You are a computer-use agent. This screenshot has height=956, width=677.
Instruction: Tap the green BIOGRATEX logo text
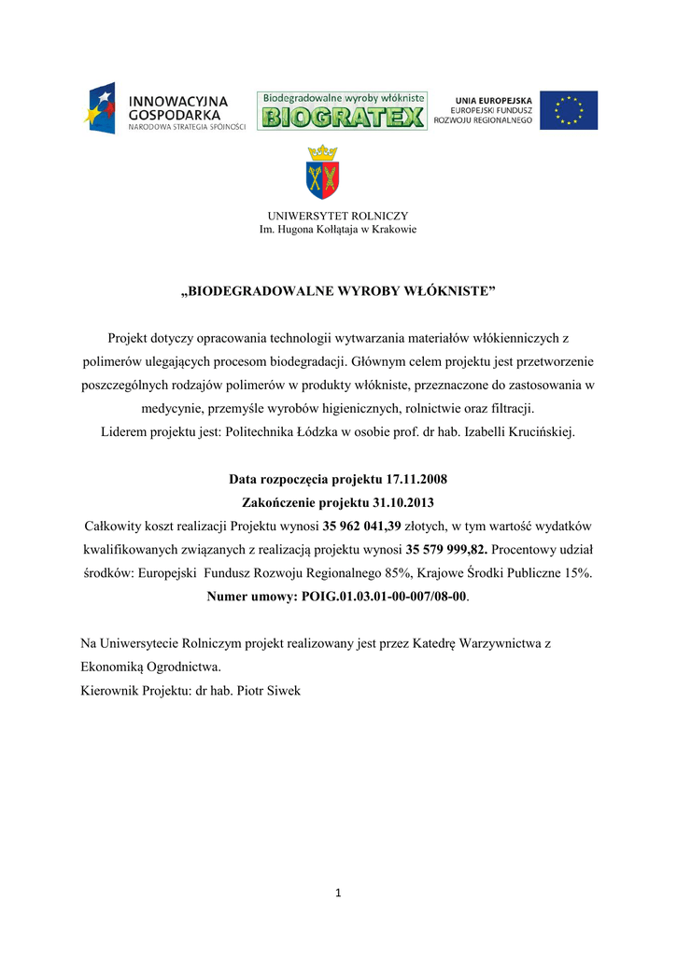pyautogui.click(x=342, y=118)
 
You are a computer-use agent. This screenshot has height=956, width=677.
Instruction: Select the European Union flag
pyautogui.click(x=569, y=110)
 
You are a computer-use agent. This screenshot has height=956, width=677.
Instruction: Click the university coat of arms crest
pyautogui.click(x=324, y=173)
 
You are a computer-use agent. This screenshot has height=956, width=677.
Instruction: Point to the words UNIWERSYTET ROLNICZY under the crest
pyautogui.click(x=338, y=216)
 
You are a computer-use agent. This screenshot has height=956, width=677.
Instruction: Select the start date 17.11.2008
pyautogui.click(x=416, y=479)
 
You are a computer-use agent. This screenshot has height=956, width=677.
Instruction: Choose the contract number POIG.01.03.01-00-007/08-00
pyautogui.click(x=384, y=595)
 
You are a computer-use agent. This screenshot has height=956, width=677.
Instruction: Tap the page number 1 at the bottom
pyautogui.click(x=338, y=893)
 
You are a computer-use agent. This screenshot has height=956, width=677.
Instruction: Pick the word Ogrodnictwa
pyautogui.click(x=184, y=668)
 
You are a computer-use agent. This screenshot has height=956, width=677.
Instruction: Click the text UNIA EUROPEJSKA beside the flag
pyautogui.click(x=494, y=100)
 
